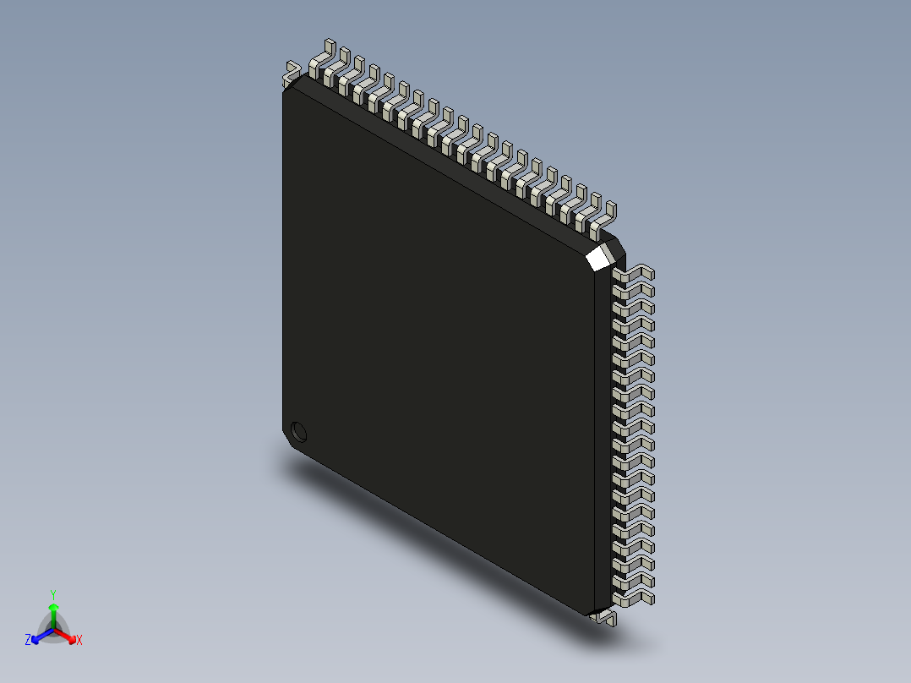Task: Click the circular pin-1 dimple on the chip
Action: tap(297, 432)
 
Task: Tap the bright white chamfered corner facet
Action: tap(599, 256)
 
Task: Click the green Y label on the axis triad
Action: tap(53, 594)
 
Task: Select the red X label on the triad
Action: tap(79, 641)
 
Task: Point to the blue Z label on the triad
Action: tap(28, 641)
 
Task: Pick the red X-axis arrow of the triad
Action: tap(68, 635)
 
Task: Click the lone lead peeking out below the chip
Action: tap(606, 620)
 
